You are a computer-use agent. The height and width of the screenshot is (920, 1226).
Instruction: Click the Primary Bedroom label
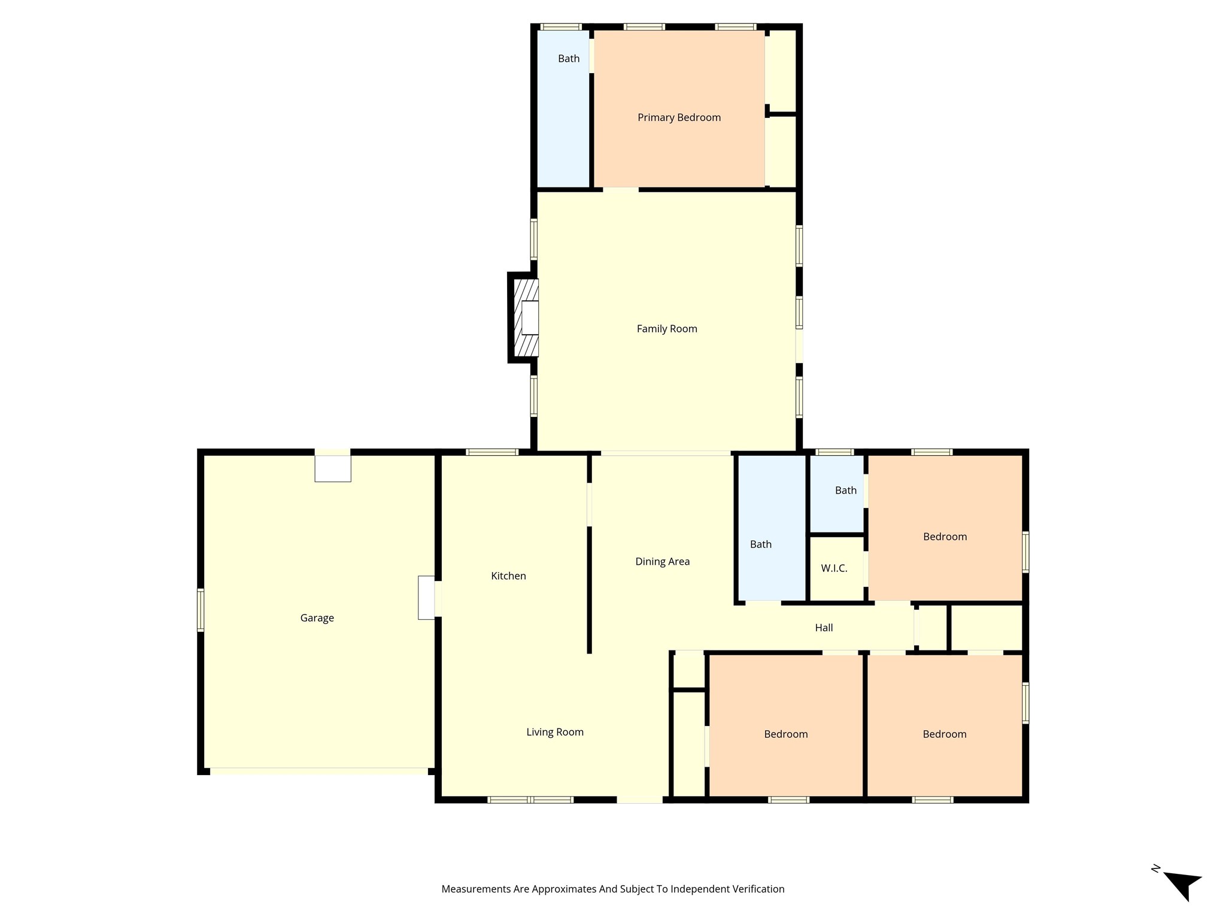click(x=679, y=117)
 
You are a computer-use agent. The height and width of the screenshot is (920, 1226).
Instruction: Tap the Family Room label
click(x=667, y=329)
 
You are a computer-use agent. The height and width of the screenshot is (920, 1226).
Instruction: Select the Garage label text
click(x=317, y=618)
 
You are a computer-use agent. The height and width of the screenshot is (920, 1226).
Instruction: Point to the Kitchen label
click(x=508, y=576)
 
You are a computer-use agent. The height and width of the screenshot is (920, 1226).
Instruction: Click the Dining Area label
click(x=662, y=562)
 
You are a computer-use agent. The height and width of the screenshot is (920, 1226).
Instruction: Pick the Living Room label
click(x=555, y=732)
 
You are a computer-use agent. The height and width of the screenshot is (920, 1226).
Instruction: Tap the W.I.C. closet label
click(x=834, y=568)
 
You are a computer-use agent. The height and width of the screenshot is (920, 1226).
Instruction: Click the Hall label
click(x=824, y=628)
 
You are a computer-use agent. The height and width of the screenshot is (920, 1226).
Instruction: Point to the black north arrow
click(x=1183, y=884)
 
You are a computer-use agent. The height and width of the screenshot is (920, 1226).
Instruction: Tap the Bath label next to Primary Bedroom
click(x=569, y=59)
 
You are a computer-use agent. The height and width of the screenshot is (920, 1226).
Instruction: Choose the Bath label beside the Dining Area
click(x=760, y=544)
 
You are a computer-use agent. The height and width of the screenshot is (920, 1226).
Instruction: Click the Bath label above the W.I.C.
click(x=845, y=491)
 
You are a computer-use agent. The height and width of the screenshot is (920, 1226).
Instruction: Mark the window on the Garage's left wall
click(x=201, y=610)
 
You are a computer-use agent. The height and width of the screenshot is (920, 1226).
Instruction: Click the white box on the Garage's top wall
click(x=333, y=468)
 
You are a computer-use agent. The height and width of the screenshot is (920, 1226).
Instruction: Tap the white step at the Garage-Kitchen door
click(x=426, y=597)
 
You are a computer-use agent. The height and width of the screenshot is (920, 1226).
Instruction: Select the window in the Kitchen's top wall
click(x=492, y=452)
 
